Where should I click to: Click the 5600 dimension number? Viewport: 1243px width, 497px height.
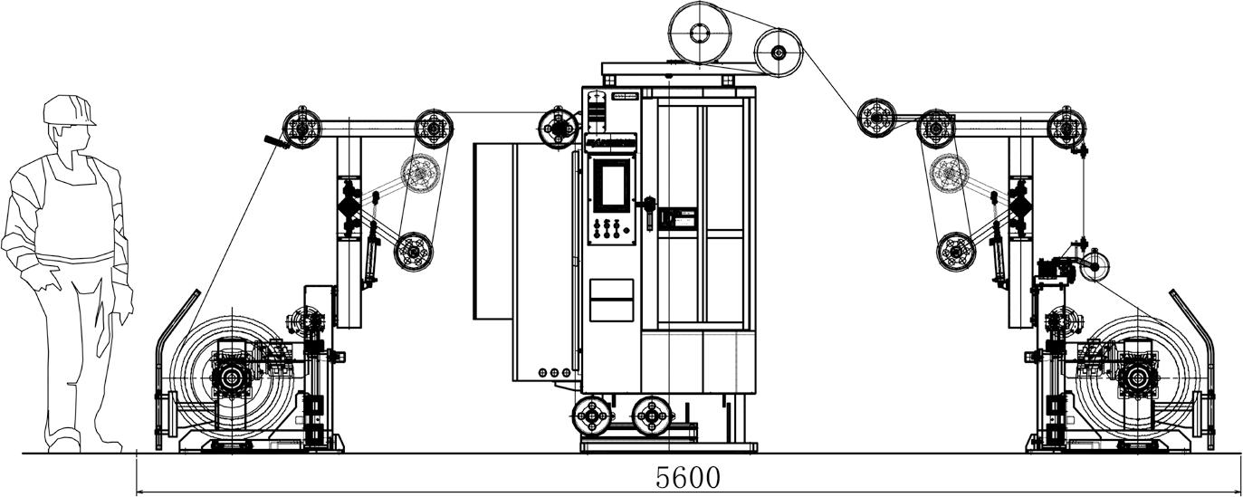tap(688, 476)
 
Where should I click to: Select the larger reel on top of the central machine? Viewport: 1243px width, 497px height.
tap(700, 33)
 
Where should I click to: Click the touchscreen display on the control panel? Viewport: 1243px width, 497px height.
tap(611, 185)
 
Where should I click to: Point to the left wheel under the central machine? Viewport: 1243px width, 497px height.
tap(593, 416)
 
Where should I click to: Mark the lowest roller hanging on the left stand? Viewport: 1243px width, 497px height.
tap(414, 251)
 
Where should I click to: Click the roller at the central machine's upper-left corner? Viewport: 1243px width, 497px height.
tap(558, 128)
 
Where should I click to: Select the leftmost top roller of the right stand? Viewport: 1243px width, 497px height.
tap(876, 117)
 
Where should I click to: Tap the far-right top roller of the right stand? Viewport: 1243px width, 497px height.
tap(1066, 128)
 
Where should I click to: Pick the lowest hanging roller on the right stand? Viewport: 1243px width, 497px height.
tap(955, 251)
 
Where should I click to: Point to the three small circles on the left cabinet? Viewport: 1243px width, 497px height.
tap(554, 371)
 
